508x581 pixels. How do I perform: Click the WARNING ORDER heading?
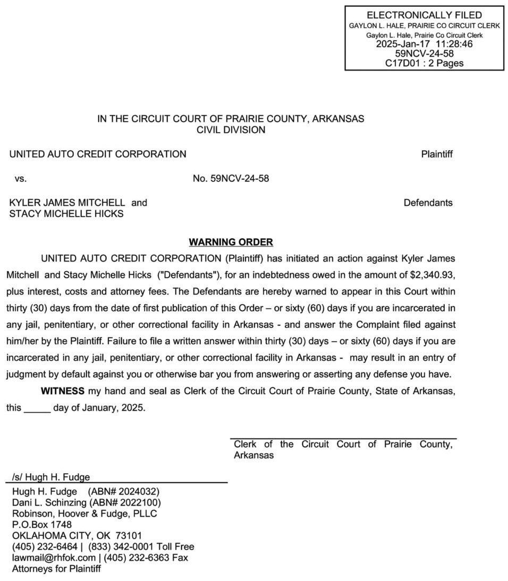[231, 242]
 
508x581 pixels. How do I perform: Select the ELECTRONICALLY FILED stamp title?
[424, 15]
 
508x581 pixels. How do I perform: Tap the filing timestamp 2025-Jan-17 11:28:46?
[424, 44]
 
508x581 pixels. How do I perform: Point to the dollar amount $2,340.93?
[433, 275]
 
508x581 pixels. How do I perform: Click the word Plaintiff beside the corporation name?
[436, 154]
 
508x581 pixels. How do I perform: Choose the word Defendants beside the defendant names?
[428, 203]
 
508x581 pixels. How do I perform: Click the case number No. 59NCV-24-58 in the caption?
[231, 178]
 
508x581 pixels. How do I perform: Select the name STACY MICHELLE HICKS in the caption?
[66, 214]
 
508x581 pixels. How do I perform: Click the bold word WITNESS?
[63, 392]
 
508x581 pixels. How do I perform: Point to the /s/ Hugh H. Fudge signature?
[51, 477]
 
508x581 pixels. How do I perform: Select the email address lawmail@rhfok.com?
[54, 558]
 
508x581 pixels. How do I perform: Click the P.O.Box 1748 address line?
[42, 524]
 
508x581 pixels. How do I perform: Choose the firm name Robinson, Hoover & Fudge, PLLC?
[84, 514]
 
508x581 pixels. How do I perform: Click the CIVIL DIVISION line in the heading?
[231, 130]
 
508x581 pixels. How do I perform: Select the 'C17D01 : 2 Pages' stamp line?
[424, 63]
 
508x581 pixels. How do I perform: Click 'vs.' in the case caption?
[21, 178]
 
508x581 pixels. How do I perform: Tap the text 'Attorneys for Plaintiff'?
[56, 569]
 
